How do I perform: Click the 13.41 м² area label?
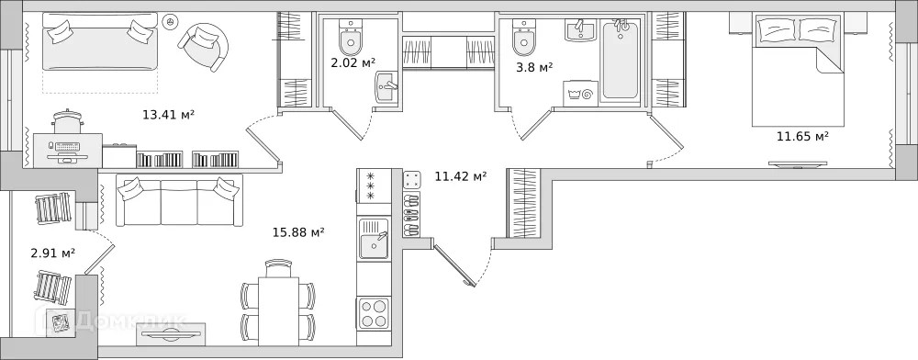168,115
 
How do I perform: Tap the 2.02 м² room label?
353,63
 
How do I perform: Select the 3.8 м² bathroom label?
533,67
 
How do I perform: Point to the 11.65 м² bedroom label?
802,137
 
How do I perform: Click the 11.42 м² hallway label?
460,176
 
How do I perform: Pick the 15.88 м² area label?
297,232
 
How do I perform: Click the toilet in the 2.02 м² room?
352,39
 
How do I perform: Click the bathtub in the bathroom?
621,60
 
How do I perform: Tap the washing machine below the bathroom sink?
581,94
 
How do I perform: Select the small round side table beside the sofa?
170,20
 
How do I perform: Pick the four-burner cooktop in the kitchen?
375,312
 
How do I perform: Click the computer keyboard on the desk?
67,147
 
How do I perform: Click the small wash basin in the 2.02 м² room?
386,88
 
